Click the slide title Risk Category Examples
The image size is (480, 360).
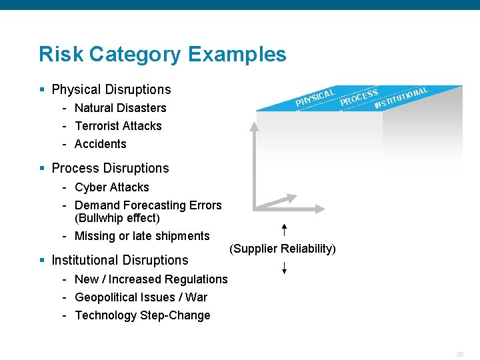[162, 54]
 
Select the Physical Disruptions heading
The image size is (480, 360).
[111, 89]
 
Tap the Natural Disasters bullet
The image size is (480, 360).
[120, 108]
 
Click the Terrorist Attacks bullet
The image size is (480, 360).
[118, 126]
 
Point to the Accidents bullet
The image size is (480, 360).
[100, 144]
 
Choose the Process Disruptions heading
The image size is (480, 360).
[110, 168]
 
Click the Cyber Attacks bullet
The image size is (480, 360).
[111, 187]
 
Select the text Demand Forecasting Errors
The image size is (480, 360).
[148, 205]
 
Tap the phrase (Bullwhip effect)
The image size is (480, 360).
[117, 218]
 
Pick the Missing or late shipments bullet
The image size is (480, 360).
[142, 236]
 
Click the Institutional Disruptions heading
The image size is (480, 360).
[120, 260]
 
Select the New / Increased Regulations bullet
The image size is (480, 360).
[151, 279]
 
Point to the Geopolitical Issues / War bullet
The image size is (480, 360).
[141, 297]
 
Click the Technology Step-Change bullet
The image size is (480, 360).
[143, 315]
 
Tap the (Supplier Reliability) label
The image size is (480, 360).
[283, 249]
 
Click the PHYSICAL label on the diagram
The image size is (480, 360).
[315, 97]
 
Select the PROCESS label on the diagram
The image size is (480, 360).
[359, 97]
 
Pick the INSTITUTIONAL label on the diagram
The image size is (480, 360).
[401, 97]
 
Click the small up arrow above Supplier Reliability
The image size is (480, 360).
[284, 231]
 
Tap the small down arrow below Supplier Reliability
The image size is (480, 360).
[284, 268]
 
